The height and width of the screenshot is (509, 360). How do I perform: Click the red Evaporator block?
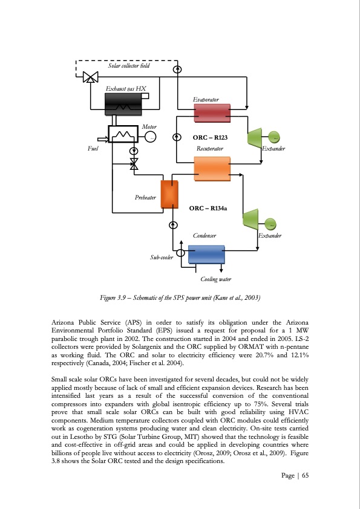[212, 112]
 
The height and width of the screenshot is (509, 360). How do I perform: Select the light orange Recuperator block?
[212, 168]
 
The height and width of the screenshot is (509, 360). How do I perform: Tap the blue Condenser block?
[207, 254]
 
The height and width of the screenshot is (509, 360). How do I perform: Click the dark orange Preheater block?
[167, 192]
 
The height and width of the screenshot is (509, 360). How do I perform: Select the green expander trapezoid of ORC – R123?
[255, 138]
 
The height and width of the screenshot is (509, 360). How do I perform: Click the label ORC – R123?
[210, 138]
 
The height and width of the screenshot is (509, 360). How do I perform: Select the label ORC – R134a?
[208, 208]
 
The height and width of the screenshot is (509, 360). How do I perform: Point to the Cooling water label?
[215, 279]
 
